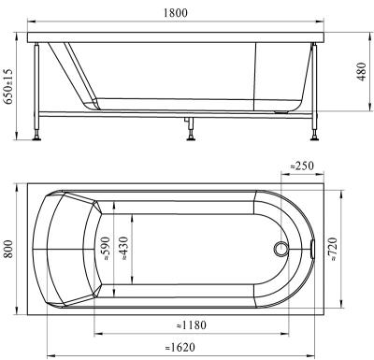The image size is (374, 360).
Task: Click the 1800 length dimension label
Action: pos(176,13)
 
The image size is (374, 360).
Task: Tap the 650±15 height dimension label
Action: pos(7,86)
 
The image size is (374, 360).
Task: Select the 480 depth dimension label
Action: pos(361,72)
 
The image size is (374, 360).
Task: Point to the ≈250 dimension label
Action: pos(302,166)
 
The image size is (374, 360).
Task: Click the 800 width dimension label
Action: pos(8,249)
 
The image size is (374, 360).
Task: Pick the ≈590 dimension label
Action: pos(106,249)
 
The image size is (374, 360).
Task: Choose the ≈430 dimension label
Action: pos(123,249)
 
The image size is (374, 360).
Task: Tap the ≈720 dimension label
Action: pos(333,250)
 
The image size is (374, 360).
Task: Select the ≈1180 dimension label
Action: pos(192,325)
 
